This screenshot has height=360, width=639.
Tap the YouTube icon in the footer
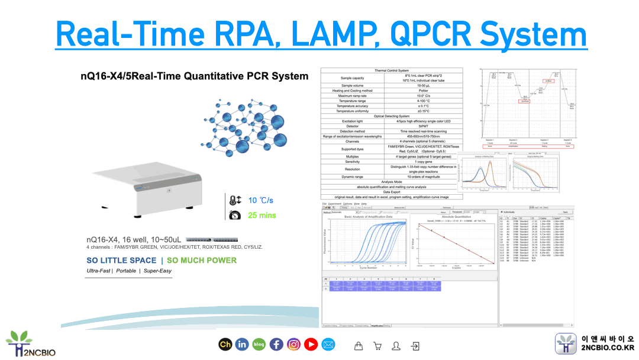coord(311,344)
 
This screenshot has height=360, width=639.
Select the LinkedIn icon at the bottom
coord(242,344)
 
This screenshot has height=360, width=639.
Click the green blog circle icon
coord(259,344)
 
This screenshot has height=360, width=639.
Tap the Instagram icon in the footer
coord(294,344)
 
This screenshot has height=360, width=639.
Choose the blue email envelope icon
coord(328,344)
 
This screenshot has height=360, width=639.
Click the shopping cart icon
coord(359,345)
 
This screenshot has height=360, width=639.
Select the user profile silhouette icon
coord(396,345)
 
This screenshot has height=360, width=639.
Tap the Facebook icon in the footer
coord(276,344)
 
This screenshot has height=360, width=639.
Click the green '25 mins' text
coord(262,215)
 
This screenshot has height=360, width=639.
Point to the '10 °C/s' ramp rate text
coord(261,200)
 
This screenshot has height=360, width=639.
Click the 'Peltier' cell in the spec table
coord(423,91)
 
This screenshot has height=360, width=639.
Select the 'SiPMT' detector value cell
coord(423,126)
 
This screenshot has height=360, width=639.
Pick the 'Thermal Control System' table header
coord(391,70)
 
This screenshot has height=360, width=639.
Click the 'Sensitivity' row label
coord(353,162)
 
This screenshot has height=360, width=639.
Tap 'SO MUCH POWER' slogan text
coord(202,260)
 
